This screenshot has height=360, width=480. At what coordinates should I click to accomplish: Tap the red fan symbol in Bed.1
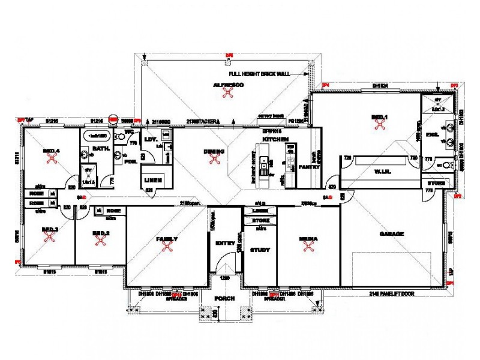click(379, 124)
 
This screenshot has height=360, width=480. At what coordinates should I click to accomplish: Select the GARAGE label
click(392, 233)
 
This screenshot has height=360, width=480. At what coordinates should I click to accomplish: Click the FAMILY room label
click(167, 239)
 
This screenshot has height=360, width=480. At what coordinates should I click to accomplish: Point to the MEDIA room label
click(308, 239)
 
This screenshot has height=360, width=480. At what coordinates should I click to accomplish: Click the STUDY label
click(260, 250)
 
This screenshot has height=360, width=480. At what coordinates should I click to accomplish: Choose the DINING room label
click(214, 151)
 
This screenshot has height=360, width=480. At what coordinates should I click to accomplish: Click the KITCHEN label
click(275, 139)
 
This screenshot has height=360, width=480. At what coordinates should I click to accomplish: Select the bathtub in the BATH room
click(95, 136)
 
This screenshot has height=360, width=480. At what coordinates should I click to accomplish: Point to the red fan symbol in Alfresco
click(228, 93)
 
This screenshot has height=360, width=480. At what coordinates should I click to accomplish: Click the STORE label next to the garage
click(435, 182)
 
